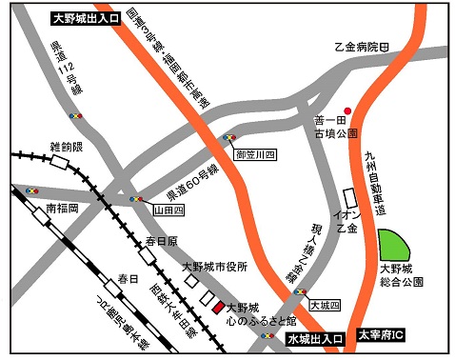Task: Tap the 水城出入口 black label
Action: pyautogui.click(x=314, y=339)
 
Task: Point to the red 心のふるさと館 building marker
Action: pyautogui.click(x=218, y=309)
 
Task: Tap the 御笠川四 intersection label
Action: pyautogui.click(x=254, y=153)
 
